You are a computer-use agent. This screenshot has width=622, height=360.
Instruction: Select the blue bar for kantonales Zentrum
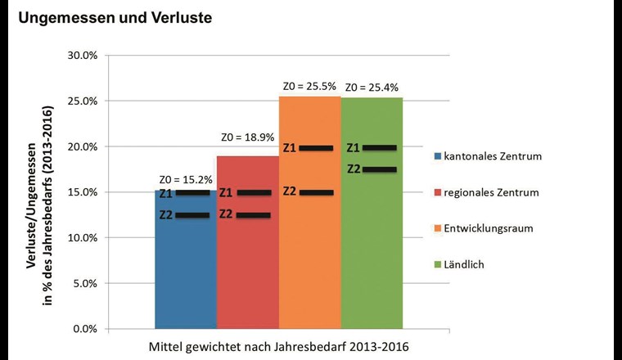click(x=185, y=270)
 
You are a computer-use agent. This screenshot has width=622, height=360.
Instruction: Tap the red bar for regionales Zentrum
click(x=247, y=270)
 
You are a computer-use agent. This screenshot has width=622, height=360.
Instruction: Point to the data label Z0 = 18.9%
click(x=246, y=137)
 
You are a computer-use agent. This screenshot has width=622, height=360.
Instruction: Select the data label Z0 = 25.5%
click(x=309, y=87)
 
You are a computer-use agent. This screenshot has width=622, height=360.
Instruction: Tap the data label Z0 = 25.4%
click(x=372, y=87)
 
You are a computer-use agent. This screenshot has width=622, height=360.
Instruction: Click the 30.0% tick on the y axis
click(x=81, y=56)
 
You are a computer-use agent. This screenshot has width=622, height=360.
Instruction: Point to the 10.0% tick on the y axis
click(x=81, y=238)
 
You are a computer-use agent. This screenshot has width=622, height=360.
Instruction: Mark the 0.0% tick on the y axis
click(x=84, y=329)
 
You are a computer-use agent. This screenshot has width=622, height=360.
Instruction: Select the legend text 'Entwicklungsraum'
click(x=488, y=228)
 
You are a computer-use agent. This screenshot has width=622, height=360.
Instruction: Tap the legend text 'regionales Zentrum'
click(x=491, y=192)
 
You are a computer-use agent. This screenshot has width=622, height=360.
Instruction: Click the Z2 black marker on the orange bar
click(x=316, y=192)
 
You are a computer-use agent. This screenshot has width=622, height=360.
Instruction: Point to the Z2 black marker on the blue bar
click(x=192, y=215)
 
